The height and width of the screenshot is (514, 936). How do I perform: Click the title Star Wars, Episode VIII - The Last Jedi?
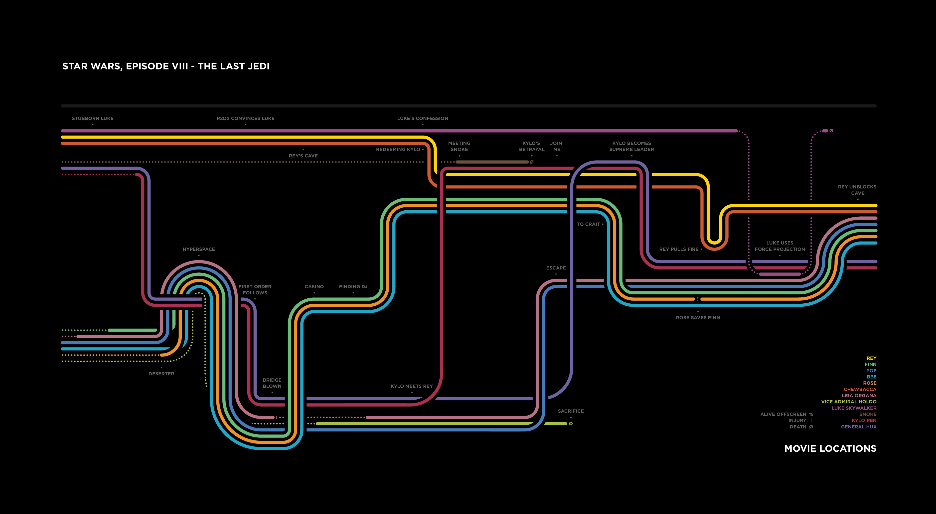pyautogui.click(x=166, y=66)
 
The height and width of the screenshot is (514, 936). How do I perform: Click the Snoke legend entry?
pyautogui.click(x=867, y=414)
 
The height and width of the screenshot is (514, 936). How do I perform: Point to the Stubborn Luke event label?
pyautogui.click(x=93, y=118)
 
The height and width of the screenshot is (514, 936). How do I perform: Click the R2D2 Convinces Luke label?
pyautogui.click(x=245, y=118)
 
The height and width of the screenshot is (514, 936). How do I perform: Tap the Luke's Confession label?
pyautogui.click(x=422, y=118)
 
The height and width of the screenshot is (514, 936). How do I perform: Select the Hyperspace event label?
pyautogui.click(x=199, y=249)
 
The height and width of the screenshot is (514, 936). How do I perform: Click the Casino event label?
pyautogui.click(x=314, y=286)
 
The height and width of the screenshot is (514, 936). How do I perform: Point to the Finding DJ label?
pyautogui.click(x=353, y=286)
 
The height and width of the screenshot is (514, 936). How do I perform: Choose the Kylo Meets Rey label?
pyautogui.click(x=411, y=386)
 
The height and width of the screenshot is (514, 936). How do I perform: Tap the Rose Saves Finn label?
pyautogui.click(x=698, y=318)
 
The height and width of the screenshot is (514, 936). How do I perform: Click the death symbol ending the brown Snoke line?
pyautogui.click(x=532, y=162)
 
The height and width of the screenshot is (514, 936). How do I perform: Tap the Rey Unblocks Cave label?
pyautogui.click(x=857, y=190)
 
